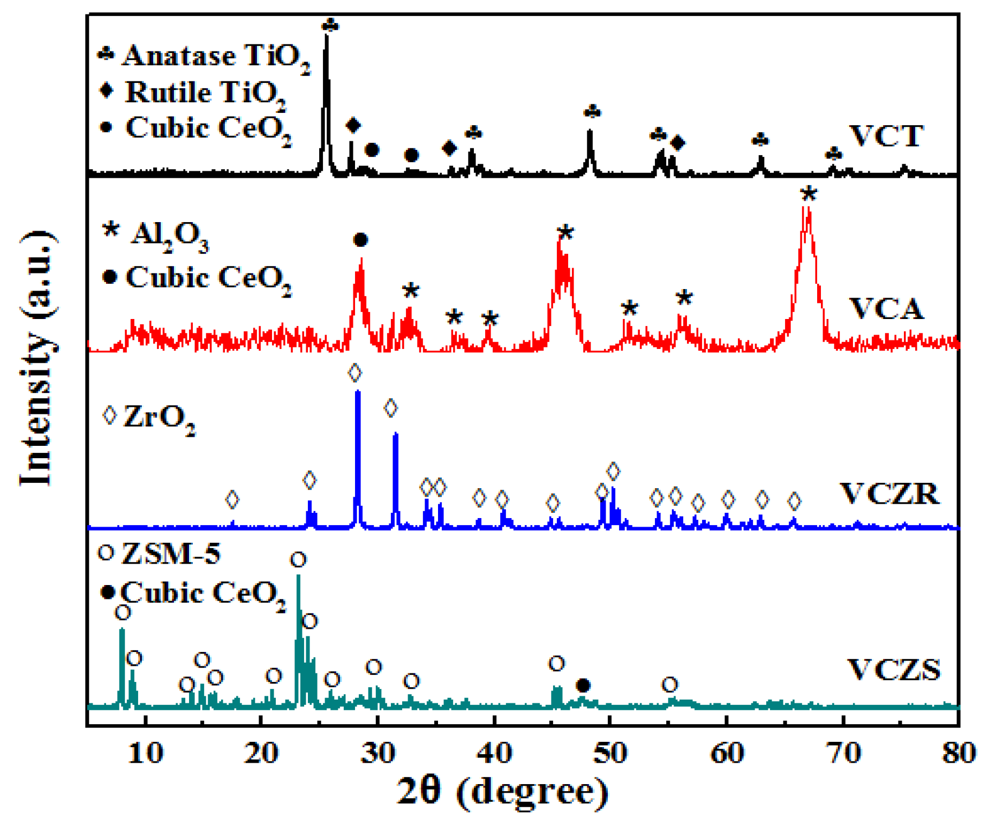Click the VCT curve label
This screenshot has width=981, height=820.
click(x=886, y=136)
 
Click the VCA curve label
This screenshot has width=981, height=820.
click(x=886, y=309)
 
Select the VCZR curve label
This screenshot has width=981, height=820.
click(x=889, y=493)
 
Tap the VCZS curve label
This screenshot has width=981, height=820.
click(x=893, y=670)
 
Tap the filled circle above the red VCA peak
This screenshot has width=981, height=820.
click(x=361, y=239)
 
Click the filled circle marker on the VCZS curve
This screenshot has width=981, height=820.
click(x=583, y=685)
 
